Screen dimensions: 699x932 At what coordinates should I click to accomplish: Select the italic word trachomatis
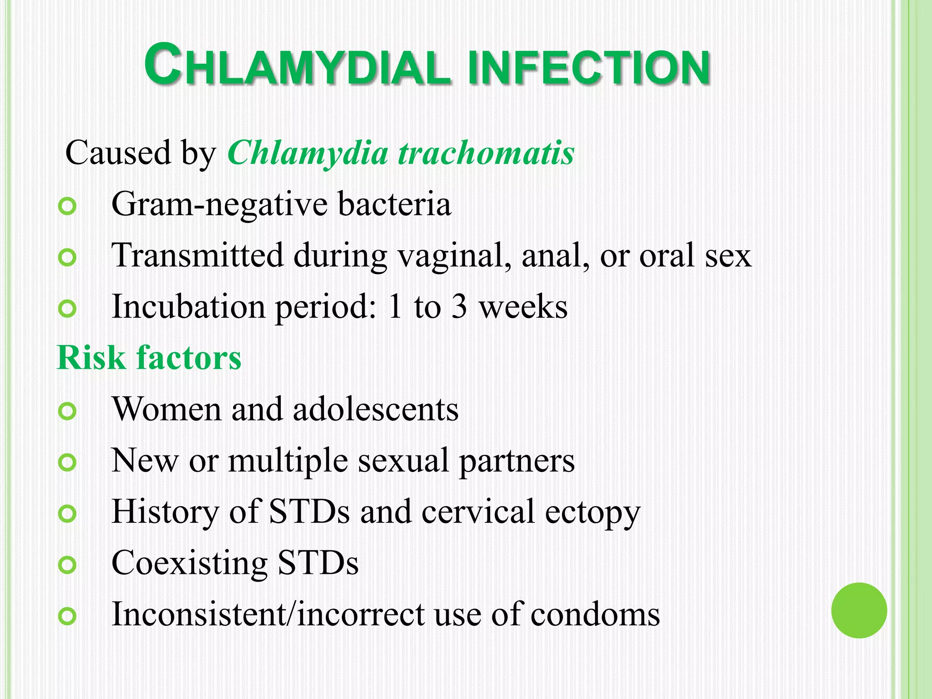coord(486,153)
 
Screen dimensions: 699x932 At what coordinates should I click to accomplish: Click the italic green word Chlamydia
coord(308,154)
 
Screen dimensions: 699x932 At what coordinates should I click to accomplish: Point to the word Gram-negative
coord(219,205)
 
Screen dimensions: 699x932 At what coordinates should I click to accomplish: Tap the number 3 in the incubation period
coord(459,306)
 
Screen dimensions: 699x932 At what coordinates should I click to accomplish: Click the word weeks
coord(524,307)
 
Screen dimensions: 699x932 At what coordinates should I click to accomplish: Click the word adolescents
coord(375,409)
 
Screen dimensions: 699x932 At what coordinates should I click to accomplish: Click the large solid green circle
coord(859,610)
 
